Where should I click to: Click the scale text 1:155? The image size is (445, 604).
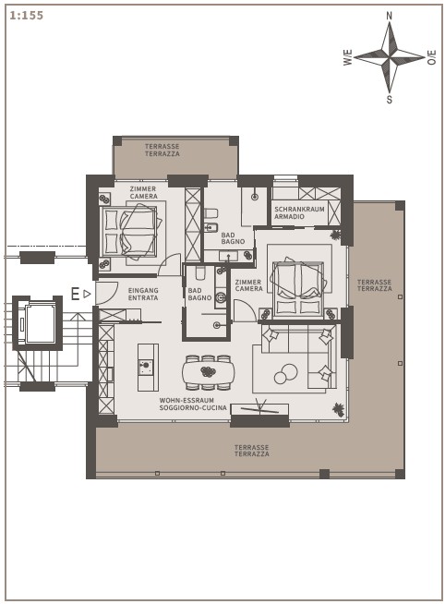pos(26,16)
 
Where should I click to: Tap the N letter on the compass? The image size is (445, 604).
pos(390,16)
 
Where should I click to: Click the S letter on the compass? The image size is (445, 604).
pos(390,100)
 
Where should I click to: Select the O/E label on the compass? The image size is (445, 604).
pos(432,57)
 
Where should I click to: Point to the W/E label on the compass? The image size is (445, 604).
pos(348,57)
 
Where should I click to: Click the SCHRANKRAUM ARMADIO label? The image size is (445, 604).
pos(299,213)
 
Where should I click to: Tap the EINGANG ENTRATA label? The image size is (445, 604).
pos(143,294)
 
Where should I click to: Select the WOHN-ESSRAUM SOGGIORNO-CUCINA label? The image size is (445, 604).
pos(193,405)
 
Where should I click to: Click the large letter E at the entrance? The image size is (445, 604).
pos(76,294)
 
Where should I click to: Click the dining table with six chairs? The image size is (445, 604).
pos(208,372)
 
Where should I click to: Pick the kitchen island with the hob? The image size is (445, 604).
pos(149,368)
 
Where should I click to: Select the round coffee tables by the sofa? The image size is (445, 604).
pos(286,374)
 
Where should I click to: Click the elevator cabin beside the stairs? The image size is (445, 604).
pos(40,323)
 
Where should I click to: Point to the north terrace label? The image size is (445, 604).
pos(162,150)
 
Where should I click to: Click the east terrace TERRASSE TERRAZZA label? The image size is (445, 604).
pos(374,285)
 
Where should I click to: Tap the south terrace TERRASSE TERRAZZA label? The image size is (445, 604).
pos(252,451)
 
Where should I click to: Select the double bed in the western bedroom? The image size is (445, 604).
pos(128,232)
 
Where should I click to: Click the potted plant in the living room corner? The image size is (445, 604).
pos(339,410)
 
